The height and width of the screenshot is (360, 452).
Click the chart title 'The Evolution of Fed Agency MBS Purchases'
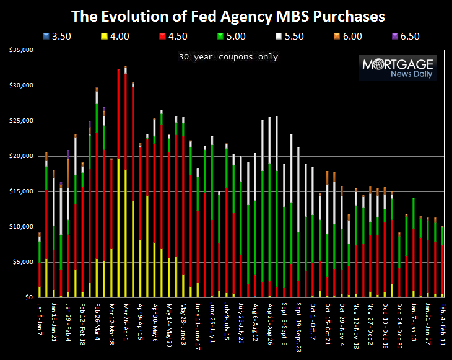tap(226, 15)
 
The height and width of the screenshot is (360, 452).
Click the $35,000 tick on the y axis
tap(21, 50)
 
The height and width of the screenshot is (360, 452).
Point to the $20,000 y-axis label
tap(21, 156)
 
